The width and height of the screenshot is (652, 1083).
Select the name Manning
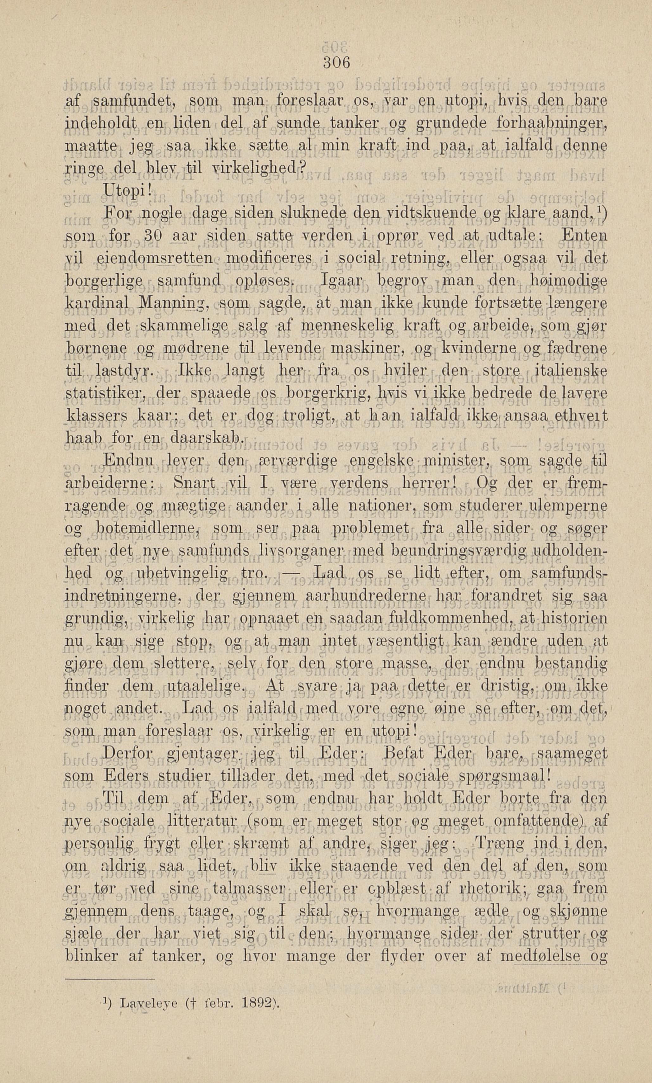click(176, 303)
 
